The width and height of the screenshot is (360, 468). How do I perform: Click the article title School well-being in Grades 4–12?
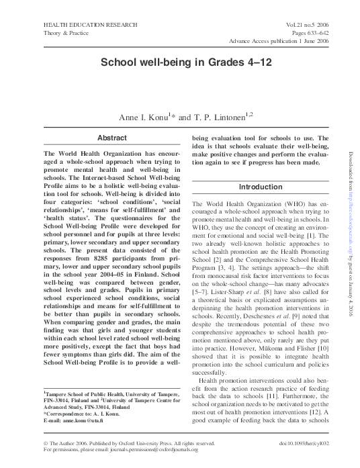(x=180, y=62)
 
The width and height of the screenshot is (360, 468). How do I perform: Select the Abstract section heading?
(x=111, y=138)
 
